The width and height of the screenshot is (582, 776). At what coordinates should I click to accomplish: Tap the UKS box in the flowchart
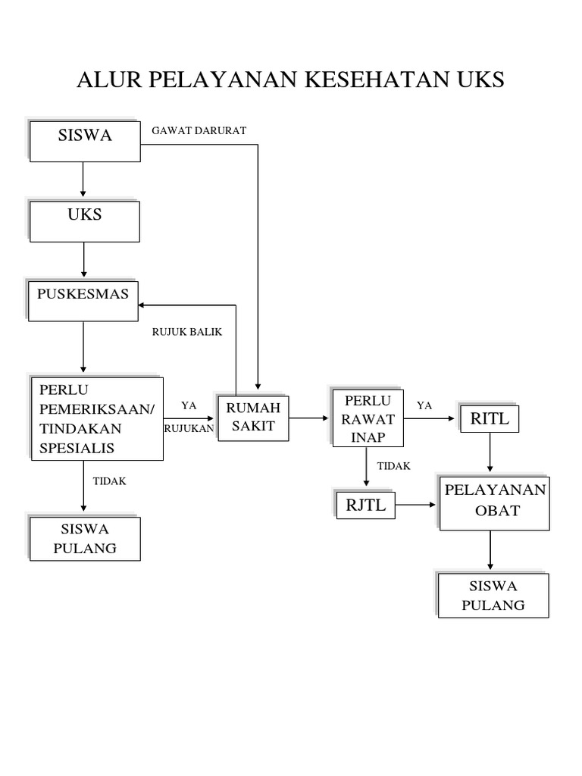pyautogui.click(x=85, y=221)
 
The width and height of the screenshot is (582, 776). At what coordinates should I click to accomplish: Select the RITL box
pyautogui.click(x=490, y=418)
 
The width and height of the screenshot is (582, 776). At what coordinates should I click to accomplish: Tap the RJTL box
pyautogui.click(x=366, y=505)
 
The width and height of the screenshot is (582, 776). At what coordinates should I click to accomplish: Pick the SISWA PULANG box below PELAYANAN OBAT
pyautogui.click(x=493, y=595)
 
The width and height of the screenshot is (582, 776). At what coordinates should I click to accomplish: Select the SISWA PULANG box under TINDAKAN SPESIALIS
pyautogui.click(x=85, y=538)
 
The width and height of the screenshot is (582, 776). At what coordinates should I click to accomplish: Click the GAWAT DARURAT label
pyautogui.click(x=199, y=130)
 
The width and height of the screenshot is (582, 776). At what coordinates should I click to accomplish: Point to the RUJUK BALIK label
pyautogui.click(x=186, y=332)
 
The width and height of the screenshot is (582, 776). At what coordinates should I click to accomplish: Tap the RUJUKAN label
pyautogui.click(x=189, y=428)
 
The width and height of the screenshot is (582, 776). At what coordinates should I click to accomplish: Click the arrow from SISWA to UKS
pyautogui.click(x=83, y=181)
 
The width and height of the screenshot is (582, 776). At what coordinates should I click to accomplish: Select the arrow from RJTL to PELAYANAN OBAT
pyautogui.click(x=418, y=504)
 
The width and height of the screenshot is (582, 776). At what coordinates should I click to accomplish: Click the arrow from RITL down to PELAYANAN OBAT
pyautogui.click(x=491, y=454)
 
